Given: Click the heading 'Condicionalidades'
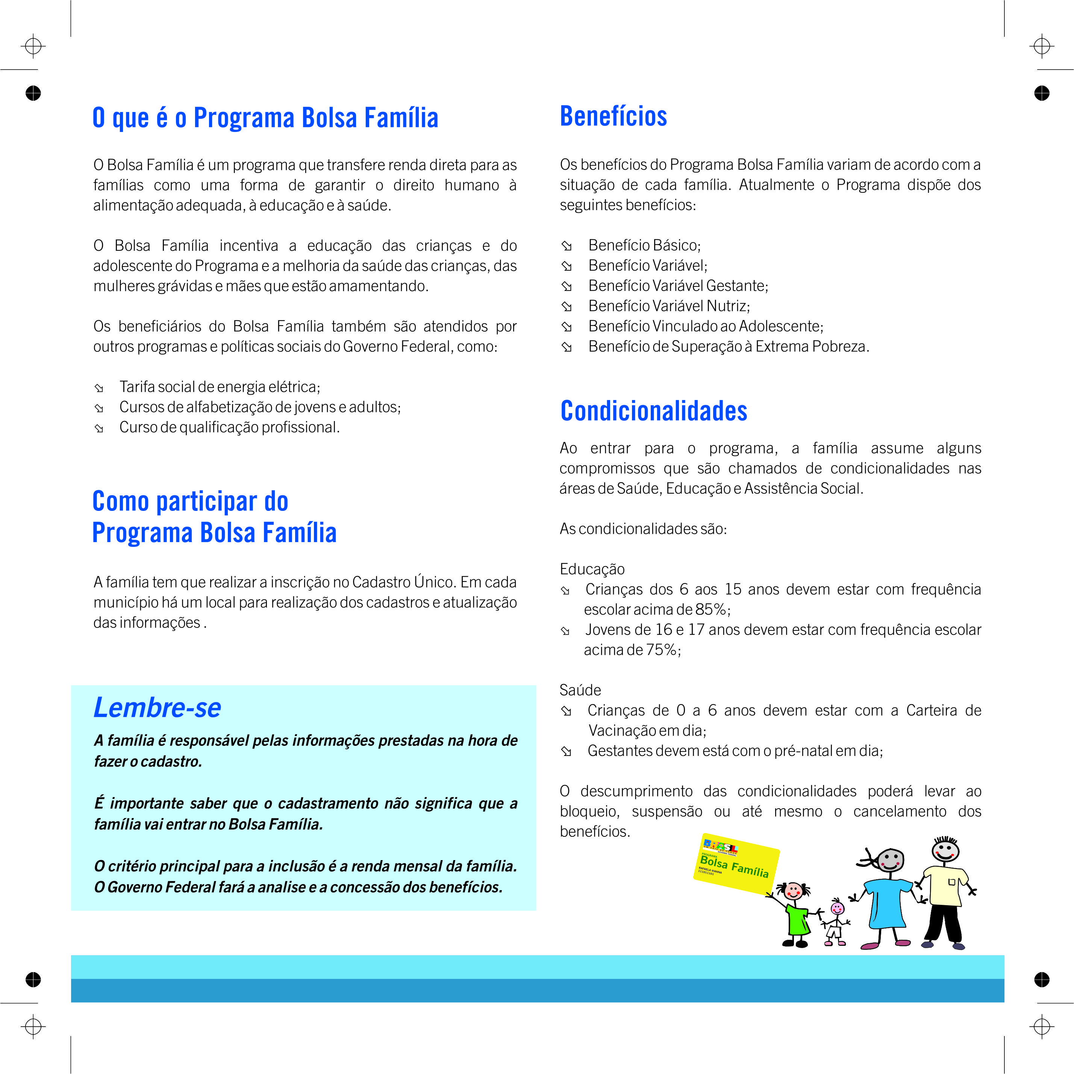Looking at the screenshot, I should point(653,411).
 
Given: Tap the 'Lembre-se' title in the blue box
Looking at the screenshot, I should point(157,707).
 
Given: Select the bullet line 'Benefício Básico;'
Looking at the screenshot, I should point(644,245).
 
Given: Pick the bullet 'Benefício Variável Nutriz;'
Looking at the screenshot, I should point(669,306).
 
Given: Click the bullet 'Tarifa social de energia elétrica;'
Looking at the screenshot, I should point(220,387).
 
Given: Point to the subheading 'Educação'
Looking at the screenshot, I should point(592,569).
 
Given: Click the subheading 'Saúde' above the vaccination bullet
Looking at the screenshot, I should point(580,691).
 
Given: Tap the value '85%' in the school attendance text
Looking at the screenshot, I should point(710,610).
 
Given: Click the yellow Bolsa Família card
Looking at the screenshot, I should point(735,863).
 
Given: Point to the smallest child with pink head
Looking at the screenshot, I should point(836,923).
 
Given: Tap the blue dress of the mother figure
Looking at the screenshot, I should point(888,903).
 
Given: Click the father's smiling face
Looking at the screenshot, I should point(945,850).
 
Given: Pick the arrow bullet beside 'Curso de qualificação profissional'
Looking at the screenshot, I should point(99,428).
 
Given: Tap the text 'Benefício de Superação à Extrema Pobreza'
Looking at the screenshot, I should point(728,346).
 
